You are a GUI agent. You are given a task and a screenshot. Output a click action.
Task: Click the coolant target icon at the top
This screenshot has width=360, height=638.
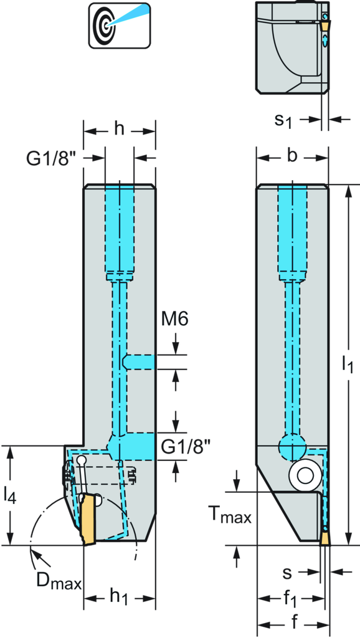120,25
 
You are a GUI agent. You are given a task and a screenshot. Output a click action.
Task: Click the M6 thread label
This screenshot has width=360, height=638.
174,320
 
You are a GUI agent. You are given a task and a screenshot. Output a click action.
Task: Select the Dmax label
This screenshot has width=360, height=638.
59,581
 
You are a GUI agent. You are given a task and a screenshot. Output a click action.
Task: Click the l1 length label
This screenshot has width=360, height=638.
347,363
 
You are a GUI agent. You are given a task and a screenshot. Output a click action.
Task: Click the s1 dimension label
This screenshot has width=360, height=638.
283,120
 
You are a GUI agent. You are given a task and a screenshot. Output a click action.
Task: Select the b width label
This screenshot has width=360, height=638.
291,156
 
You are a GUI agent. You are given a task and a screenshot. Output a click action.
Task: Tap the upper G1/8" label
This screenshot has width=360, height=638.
52,159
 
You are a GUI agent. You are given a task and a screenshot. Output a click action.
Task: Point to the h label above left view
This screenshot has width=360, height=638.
119,130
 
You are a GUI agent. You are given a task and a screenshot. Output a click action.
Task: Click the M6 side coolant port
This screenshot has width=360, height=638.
138,361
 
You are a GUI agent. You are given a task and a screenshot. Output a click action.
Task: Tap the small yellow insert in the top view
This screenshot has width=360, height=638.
325,26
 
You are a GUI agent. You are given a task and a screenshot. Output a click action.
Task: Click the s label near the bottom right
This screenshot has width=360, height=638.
288,573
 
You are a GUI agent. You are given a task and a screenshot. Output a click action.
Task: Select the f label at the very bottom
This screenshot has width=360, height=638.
294,622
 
